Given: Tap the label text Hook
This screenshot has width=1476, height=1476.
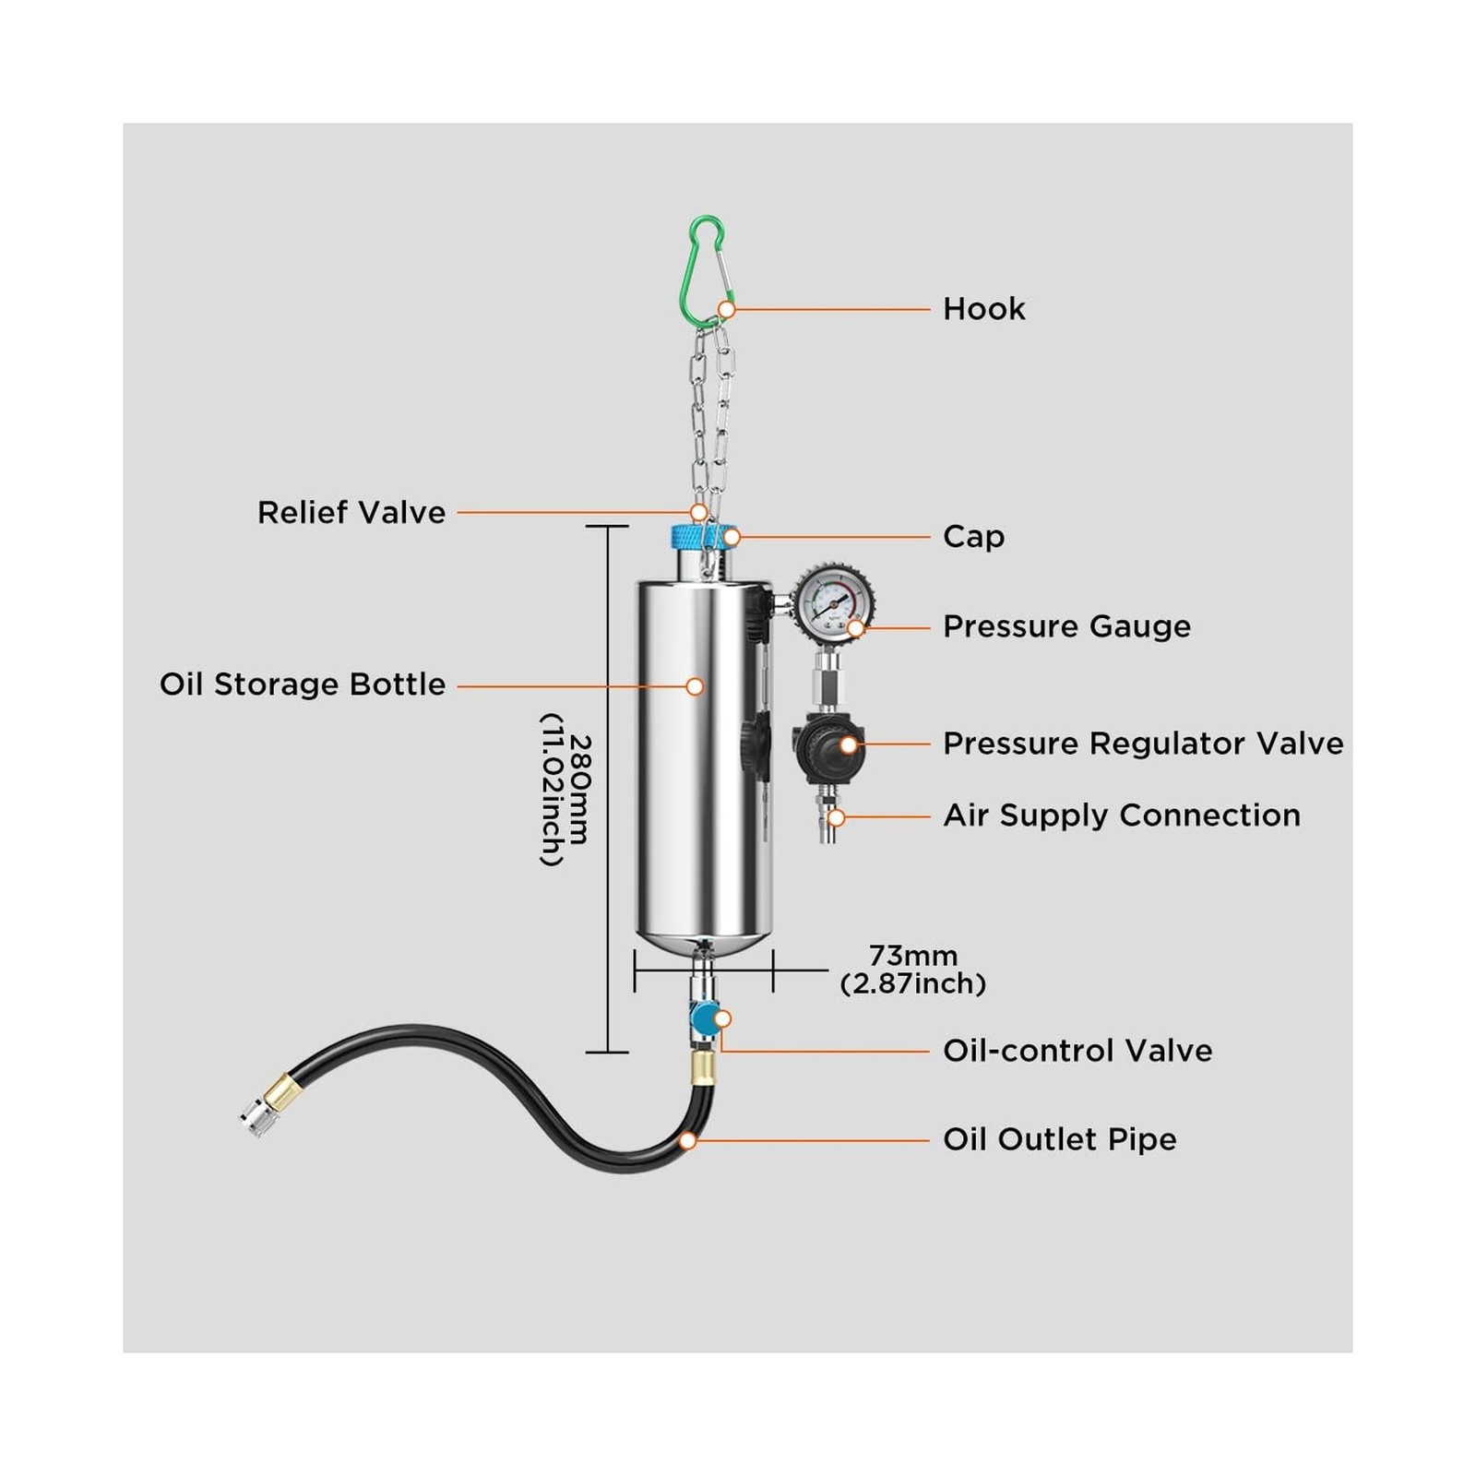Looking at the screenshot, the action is point(983,309).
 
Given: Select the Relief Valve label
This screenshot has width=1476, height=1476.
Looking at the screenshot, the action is point(351,513).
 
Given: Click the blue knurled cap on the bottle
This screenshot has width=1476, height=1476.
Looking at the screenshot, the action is point(704,536).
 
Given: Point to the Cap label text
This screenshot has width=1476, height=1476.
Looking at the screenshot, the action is point(973,537).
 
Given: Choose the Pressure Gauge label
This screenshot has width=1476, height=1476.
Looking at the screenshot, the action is point(1066,627).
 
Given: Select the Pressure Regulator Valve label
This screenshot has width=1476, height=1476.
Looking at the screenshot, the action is point(1143,744).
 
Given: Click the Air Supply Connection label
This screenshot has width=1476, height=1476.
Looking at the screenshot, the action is point(1122,815).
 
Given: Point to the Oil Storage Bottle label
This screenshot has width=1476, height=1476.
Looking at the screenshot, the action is point(303,684).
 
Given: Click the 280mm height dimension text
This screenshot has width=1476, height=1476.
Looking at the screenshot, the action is point(565,790).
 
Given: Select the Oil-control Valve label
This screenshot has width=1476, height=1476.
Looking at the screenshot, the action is point(1077,1051).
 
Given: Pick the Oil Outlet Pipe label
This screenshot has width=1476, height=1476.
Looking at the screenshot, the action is point(1060,1139).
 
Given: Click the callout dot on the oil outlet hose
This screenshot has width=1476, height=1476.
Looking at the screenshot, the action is point(687,1141).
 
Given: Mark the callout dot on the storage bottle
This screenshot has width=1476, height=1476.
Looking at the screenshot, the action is point(695,686).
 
